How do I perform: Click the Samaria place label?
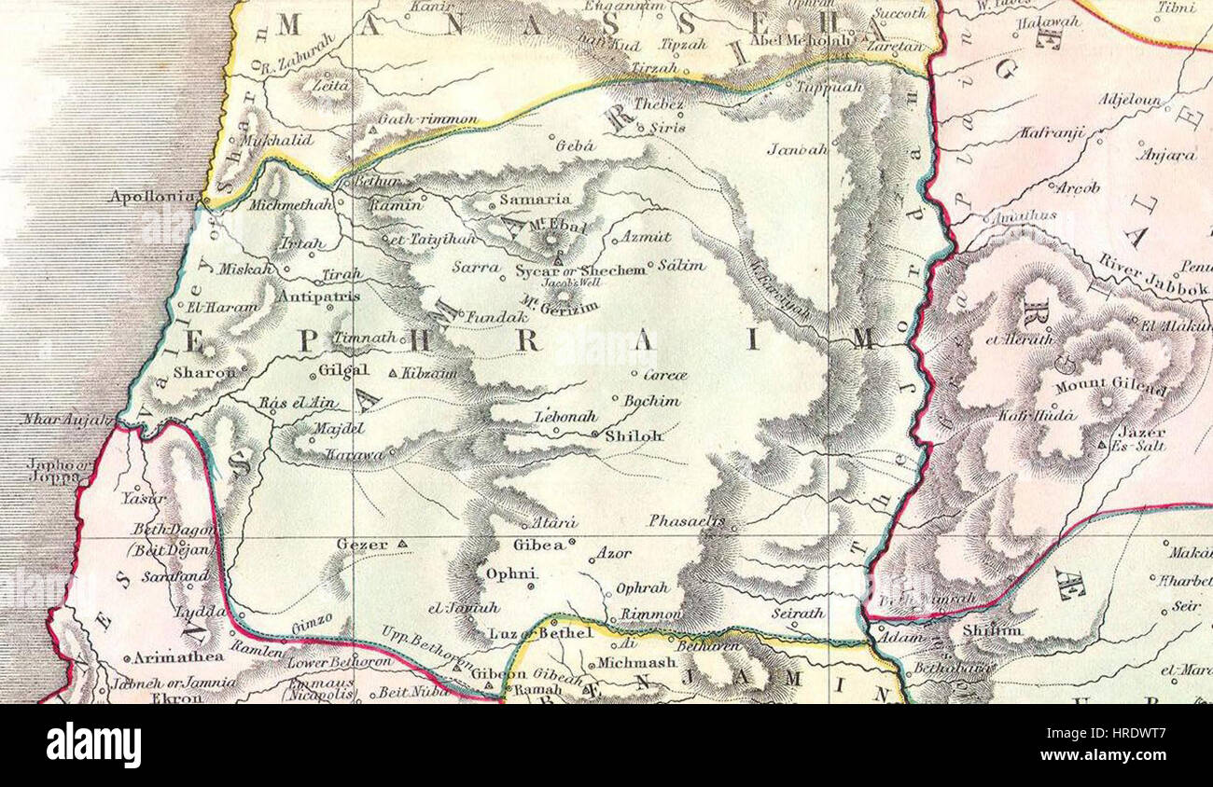pos(535,200)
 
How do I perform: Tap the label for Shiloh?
pos(634,435)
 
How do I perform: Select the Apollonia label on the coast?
pos(152,197)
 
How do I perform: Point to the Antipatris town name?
pos(318,297)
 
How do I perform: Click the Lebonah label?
pos(565,417)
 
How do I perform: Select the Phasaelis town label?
pos(687,520)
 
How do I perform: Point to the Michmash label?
pos(635,663)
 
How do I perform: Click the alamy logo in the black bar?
pos(93,746)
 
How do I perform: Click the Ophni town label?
pos(510,573)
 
